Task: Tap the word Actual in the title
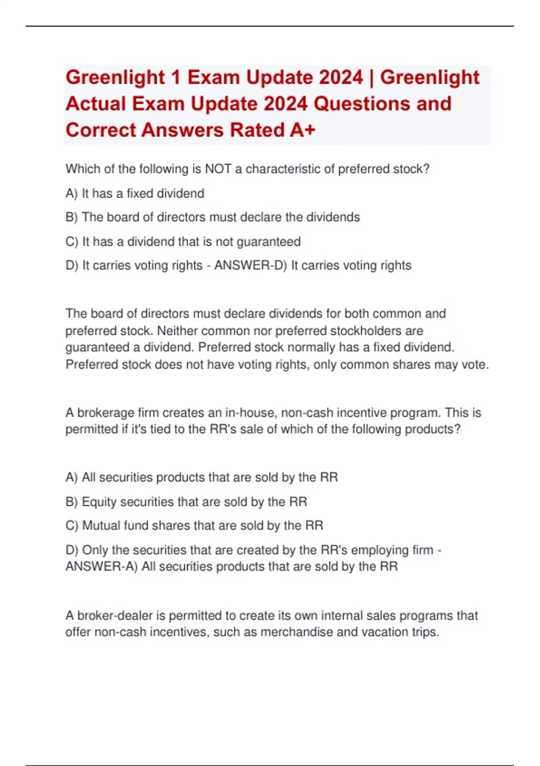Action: click(96, 104)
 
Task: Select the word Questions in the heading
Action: click(362, 104)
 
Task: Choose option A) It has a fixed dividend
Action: click(135, 193)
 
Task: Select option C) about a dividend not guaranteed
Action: click(183, 242)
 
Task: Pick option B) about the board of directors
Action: click(213, 217)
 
